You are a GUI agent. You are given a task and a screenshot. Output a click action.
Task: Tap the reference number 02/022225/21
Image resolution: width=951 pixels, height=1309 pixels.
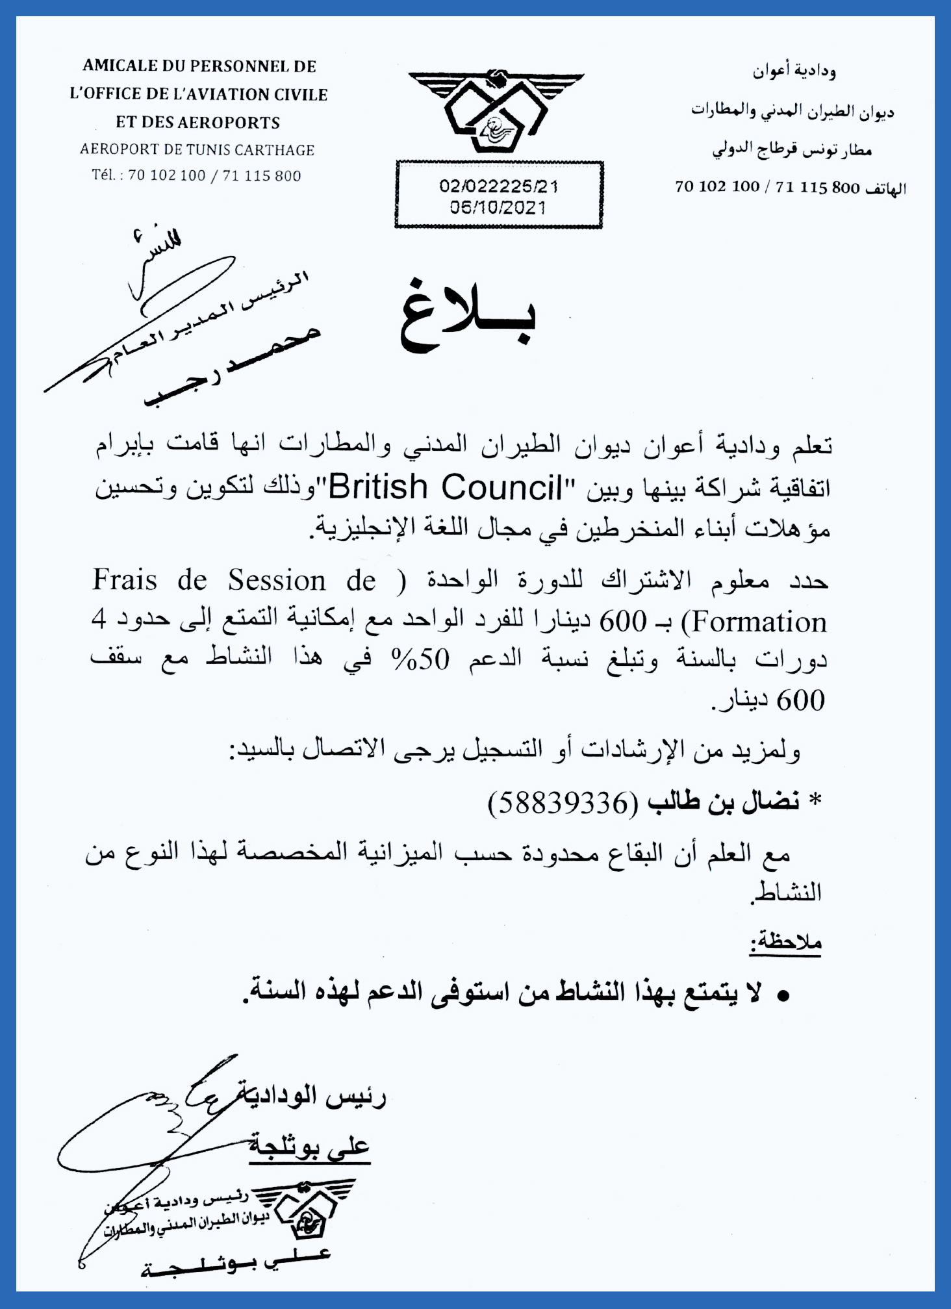(498, 186)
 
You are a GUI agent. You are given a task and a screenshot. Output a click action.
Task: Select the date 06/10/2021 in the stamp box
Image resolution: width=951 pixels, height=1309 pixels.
(498, 208)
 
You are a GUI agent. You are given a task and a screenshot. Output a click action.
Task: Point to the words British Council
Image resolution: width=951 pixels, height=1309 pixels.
(446, 487)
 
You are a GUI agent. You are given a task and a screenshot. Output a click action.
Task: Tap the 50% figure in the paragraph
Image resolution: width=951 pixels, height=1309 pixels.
(420, 660)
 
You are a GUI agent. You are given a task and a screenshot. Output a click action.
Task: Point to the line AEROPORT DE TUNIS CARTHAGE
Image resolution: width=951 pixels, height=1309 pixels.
(197, 150)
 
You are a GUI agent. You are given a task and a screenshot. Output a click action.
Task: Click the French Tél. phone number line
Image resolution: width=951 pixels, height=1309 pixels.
(196, 175)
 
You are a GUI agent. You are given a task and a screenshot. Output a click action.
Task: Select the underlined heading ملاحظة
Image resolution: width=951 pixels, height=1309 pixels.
(786, 943)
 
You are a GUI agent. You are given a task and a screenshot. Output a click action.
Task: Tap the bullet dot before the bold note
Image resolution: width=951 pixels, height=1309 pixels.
(783, 996)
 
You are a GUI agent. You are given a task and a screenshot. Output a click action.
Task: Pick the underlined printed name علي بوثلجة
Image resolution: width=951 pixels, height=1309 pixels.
(309, 1147)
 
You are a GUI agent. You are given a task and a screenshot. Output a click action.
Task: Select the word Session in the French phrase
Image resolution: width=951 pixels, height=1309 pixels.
(277, 581)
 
